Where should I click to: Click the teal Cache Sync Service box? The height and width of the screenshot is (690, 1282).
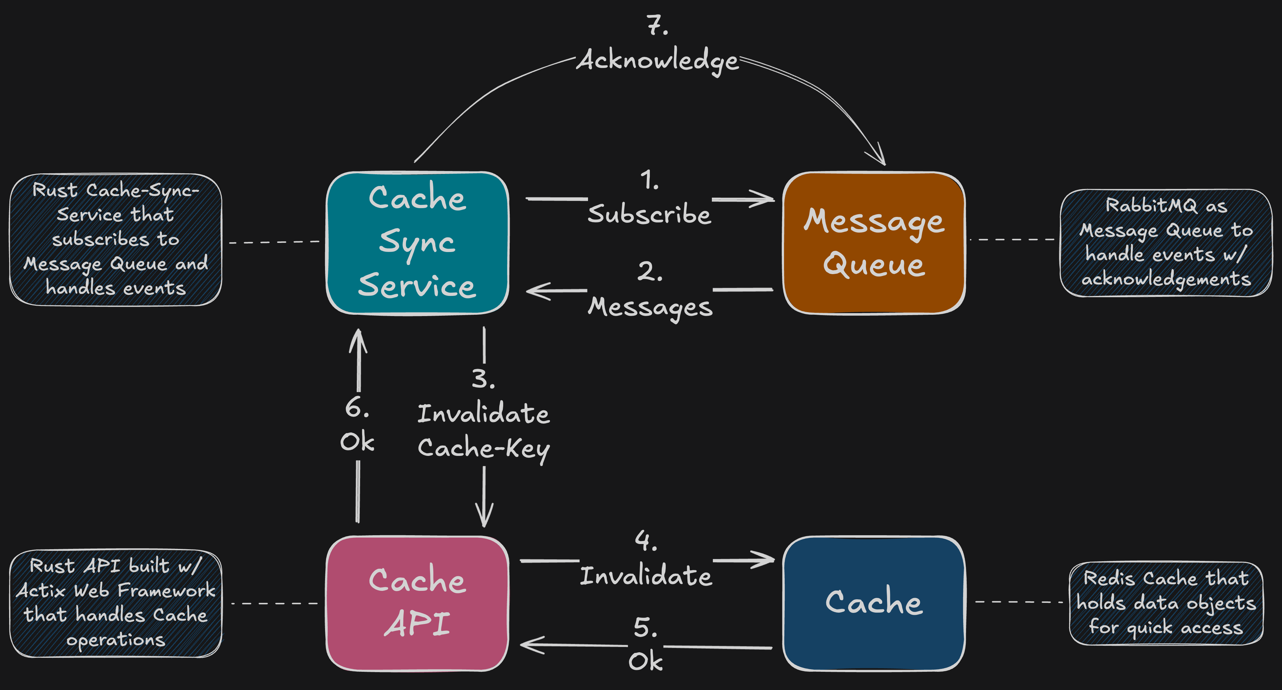click(x=417, y=243)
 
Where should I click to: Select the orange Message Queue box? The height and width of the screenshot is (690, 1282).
click(x=873, y=243)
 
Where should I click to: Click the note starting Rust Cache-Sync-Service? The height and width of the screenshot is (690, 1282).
click(x=115, y=239)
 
